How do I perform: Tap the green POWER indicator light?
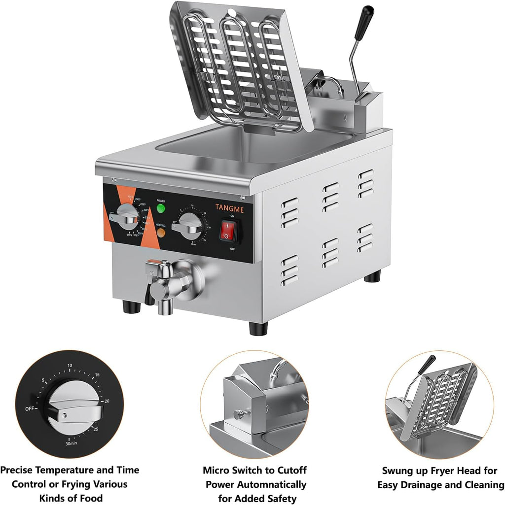tap(161, 208)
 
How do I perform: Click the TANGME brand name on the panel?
tap(229, 209)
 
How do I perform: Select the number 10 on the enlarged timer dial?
tap(70, 366)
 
